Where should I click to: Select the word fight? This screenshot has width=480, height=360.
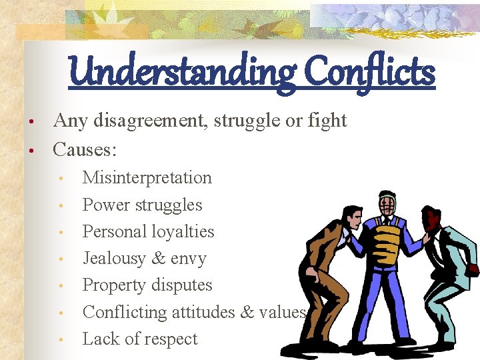326,121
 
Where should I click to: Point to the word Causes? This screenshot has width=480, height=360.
85,149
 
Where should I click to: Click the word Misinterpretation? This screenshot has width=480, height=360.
147,178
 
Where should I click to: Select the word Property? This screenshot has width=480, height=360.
116,285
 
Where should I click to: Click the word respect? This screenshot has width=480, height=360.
169,339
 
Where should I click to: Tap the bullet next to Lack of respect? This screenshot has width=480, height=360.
61,340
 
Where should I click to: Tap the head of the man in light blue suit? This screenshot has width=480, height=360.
434,218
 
